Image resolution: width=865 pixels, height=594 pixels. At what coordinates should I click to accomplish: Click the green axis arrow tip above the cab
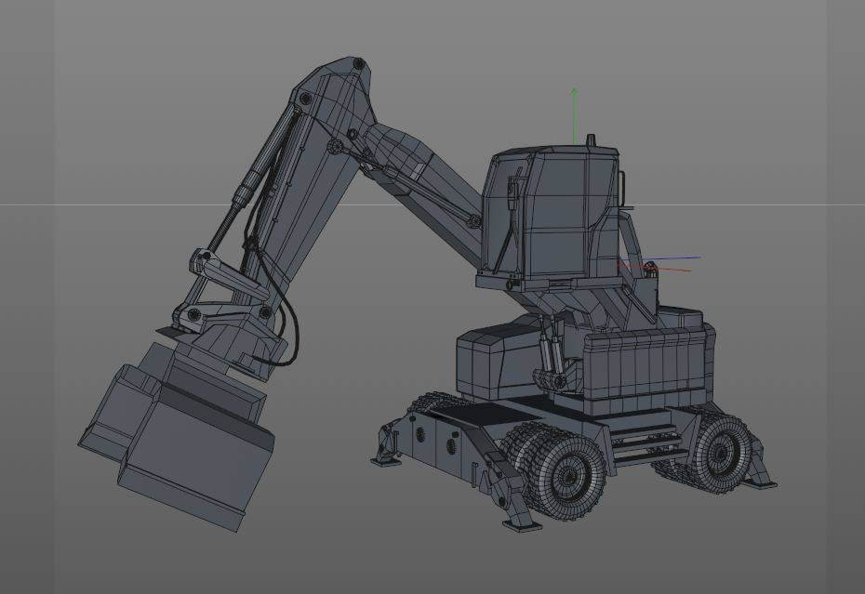(x=575, y=91)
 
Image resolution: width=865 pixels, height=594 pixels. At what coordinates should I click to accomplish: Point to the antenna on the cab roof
(x=590, y=140)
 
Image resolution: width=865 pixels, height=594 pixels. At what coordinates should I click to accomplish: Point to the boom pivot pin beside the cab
(x=474, y=221)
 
